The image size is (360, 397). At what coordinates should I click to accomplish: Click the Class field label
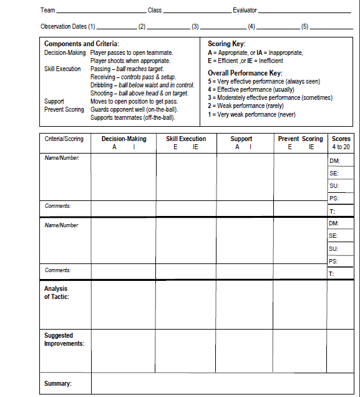(155, 11)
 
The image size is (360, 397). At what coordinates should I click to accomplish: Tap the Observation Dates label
(68, 27)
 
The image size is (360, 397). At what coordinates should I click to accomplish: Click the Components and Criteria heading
(77, 44)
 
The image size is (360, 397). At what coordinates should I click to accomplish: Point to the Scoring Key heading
(226, 44)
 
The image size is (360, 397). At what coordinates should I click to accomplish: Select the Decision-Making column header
(124, 139)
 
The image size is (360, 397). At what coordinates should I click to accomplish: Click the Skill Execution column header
(186, 139)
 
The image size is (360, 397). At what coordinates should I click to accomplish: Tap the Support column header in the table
(241, 139)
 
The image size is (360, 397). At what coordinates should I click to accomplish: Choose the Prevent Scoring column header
(300, 139)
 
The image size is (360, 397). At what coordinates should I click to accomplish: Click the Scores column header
(341, 139)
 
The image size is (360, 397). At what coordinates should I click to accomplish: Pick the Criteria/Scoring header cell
(64, 139)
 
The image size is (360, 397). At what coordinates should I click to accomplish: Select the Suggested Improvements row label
(64, 340)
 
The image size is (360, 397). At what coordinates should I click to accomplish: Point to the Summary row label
(57, 383)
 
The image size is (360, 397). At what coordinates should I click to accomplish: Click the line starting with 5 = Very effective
(265, 81)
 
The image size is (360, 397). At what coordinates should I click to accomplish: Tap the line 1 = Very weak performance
(251, 114)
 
